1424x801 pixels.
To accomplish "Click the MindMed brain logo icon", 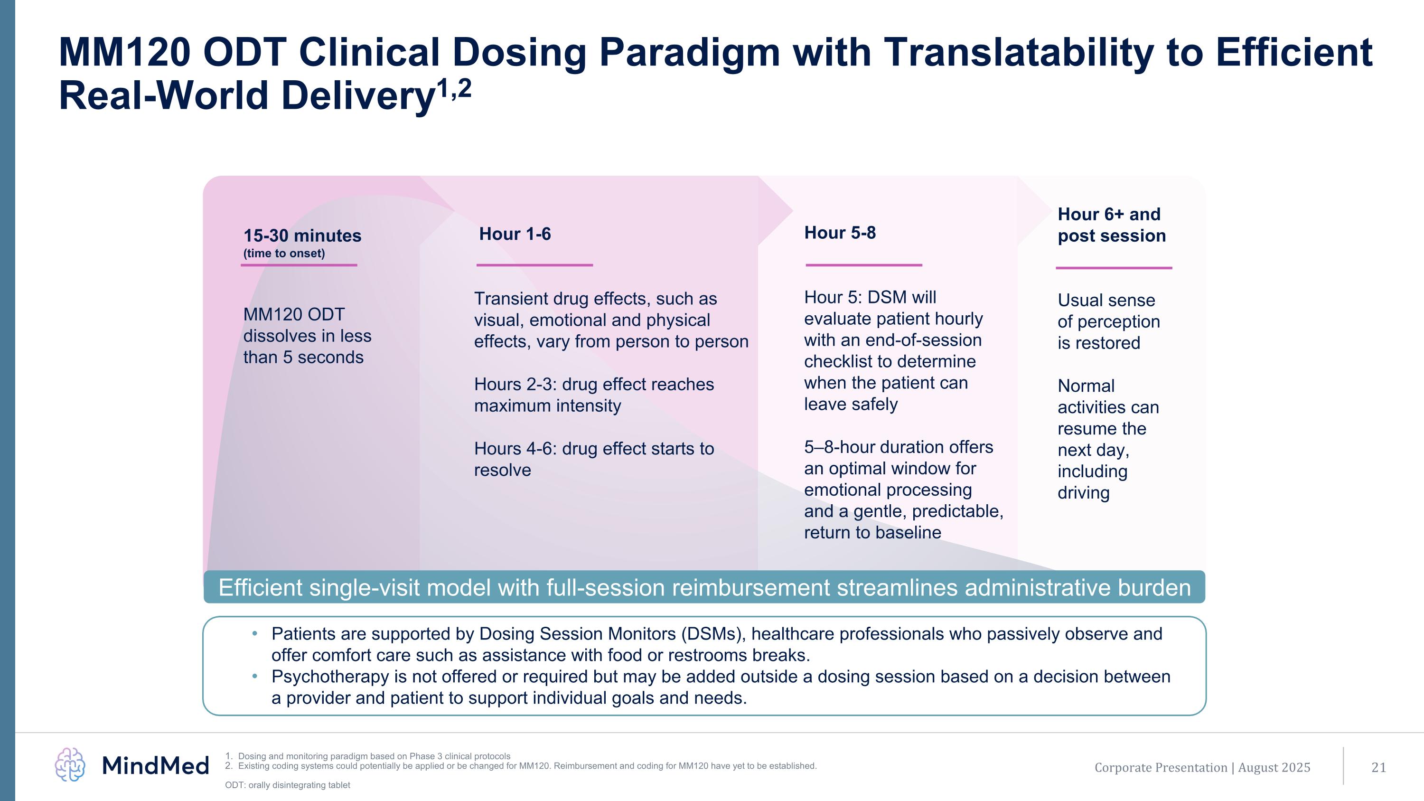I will pyautogui.click(x=70, y=765).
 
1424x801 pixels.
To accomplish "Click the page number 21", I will pyautogui.click(x=1379, y=767).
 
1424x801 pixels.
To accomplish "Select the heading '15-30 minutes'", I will pyautogui.click(x=302, y=236).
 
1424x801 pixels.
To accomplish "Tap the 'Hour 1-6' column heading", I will pyautogui.click(x=515, y=234).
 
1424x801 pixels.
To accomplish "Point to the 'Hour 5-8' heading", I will pyautogui.click(x=840, y=233).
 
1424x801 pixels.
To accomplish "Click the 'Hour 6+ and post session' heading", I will pyautogui.click(x=1111, y=225).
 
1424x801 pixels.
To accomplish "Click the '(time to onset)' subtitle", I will pyautogui.click(x=284, y=254).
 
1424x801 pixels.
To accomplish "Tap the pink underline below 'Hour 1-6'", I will pyautogui.click(x=534, y=265).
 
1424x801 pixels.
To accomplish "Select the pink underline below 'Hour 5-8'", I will pyautogui.click(x=863, y=265).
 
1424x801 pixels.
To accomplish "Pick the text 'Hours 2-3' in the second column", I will pyautogui.click(x=515, y=384).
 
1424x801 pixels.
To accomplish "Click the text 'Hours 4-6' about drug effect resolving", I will pyautogui.click(x=515, y=448).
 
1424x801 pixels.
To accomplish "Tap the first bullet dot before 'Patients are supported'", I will pyautogui.click(x=255, y=633).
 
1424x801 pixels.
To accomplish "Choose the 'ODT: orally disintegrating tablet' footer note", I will pyautogui.click(x=288, y=785).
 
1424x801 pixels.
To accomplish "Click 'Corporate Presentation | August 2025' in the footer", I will pyautogui.click(x=1202, y=767).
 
